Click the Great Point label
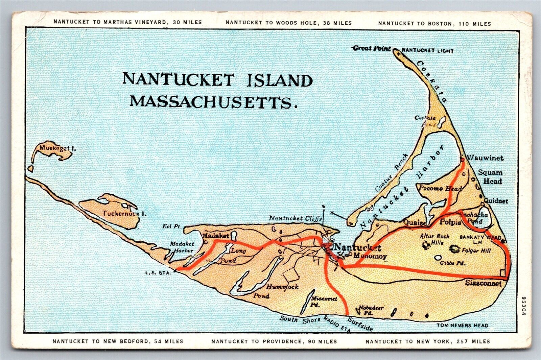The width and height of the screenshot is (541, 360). tap(372, 48)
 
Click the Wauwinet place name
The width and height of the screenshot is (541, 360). tap(485, 158)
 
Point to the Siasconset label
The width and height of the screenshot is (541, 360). tap(483, 283)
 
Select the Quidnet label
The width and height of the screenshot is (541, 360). tap(496, 201)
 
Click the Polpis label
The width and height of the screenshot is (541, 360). tap(450, 222)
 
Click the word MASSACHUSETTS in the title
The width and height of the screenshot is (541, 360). tap(211, 101)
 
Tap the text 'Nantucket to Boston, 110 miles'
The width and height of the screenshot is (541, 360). tap(434, 23)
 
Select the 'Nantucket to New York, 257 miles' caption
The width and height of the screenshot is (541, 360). tap(428, 341)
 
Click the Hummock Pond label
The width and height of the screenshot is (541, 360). tap(277, 288)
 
